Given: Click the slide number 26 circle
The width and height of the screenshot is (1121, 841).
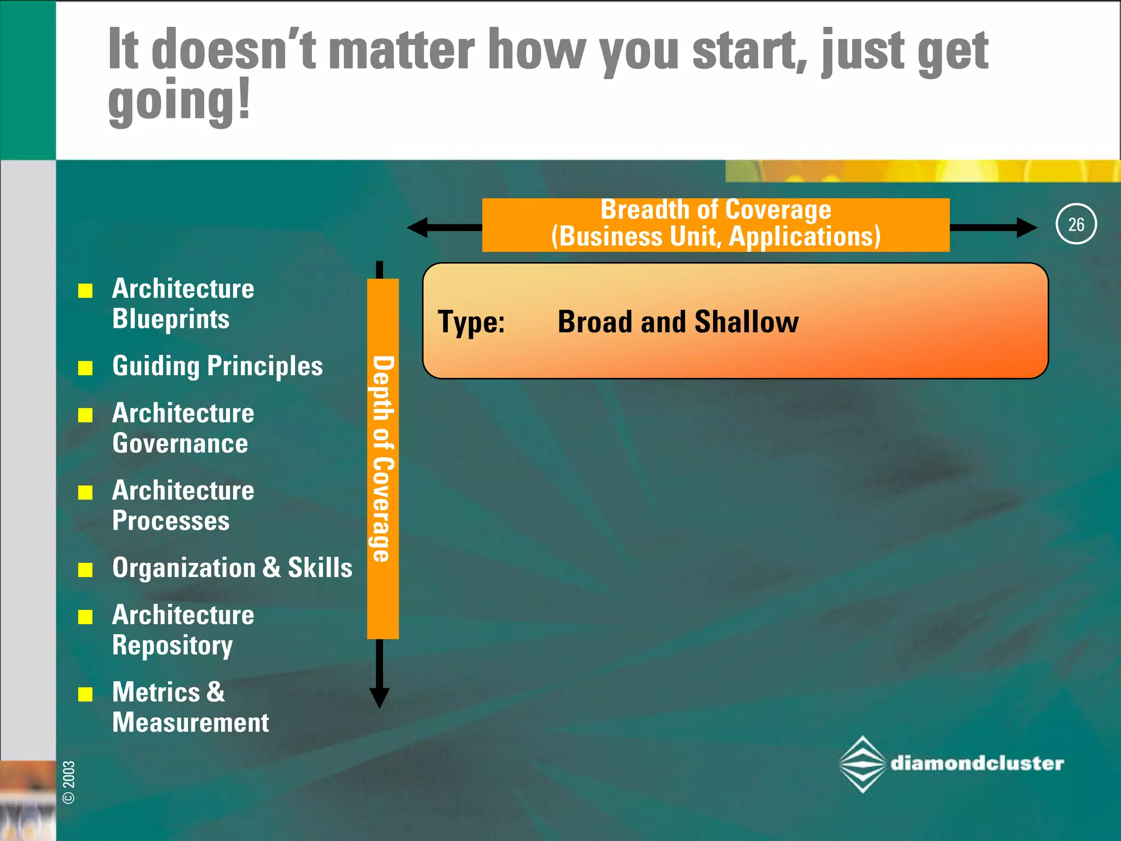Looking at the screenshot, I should click(x=1076, y=224).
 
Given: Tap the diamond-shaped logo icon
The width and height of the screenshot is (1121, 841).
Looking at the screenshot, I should click(x=862, y=764).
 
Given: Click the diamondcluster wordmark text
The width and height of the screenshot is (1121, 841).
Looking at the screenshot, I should click(x=977, y=763).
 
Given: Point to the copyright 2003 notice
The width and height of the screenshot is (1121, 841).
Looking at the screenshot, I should click(x=69, y=782).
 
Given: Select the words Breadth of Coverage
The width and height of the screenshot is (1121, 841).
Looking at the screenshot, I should click(x=715, y=210).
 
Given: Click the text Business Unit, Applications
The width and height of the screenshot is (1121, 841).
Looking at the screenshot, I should click(x=716, y=237).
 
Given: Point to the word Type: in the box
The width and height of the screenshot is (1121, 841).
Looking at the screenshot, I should click(x=471, y=322).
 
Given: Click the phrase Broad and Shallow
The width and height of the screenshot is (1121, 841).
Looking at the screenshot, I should click(x=678, y=322).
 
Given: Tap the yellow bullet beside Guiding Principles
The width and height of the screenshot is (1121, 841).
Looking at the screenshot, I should click(x=85, y=367).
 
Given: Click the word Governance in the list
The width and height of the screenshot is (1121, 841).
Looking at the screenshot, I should click(x=180, y=443).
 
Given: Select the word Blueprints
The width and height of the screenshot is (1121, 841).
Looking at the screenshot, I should click(x=171, y=319).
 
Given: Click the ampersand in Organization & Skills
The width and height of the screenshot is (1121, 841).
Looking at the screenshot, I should click(x=271, y=567).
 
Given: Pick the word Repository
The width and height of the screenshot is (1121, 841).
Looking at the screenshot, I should click(x=172, y=646).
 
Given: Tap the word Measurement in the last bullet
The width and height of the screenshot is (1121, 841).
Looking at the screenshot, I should click(x=190, y=723).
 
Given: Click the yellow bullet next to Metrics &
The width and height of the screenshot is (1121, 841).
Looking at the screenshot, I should click(x=85, y=694).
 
